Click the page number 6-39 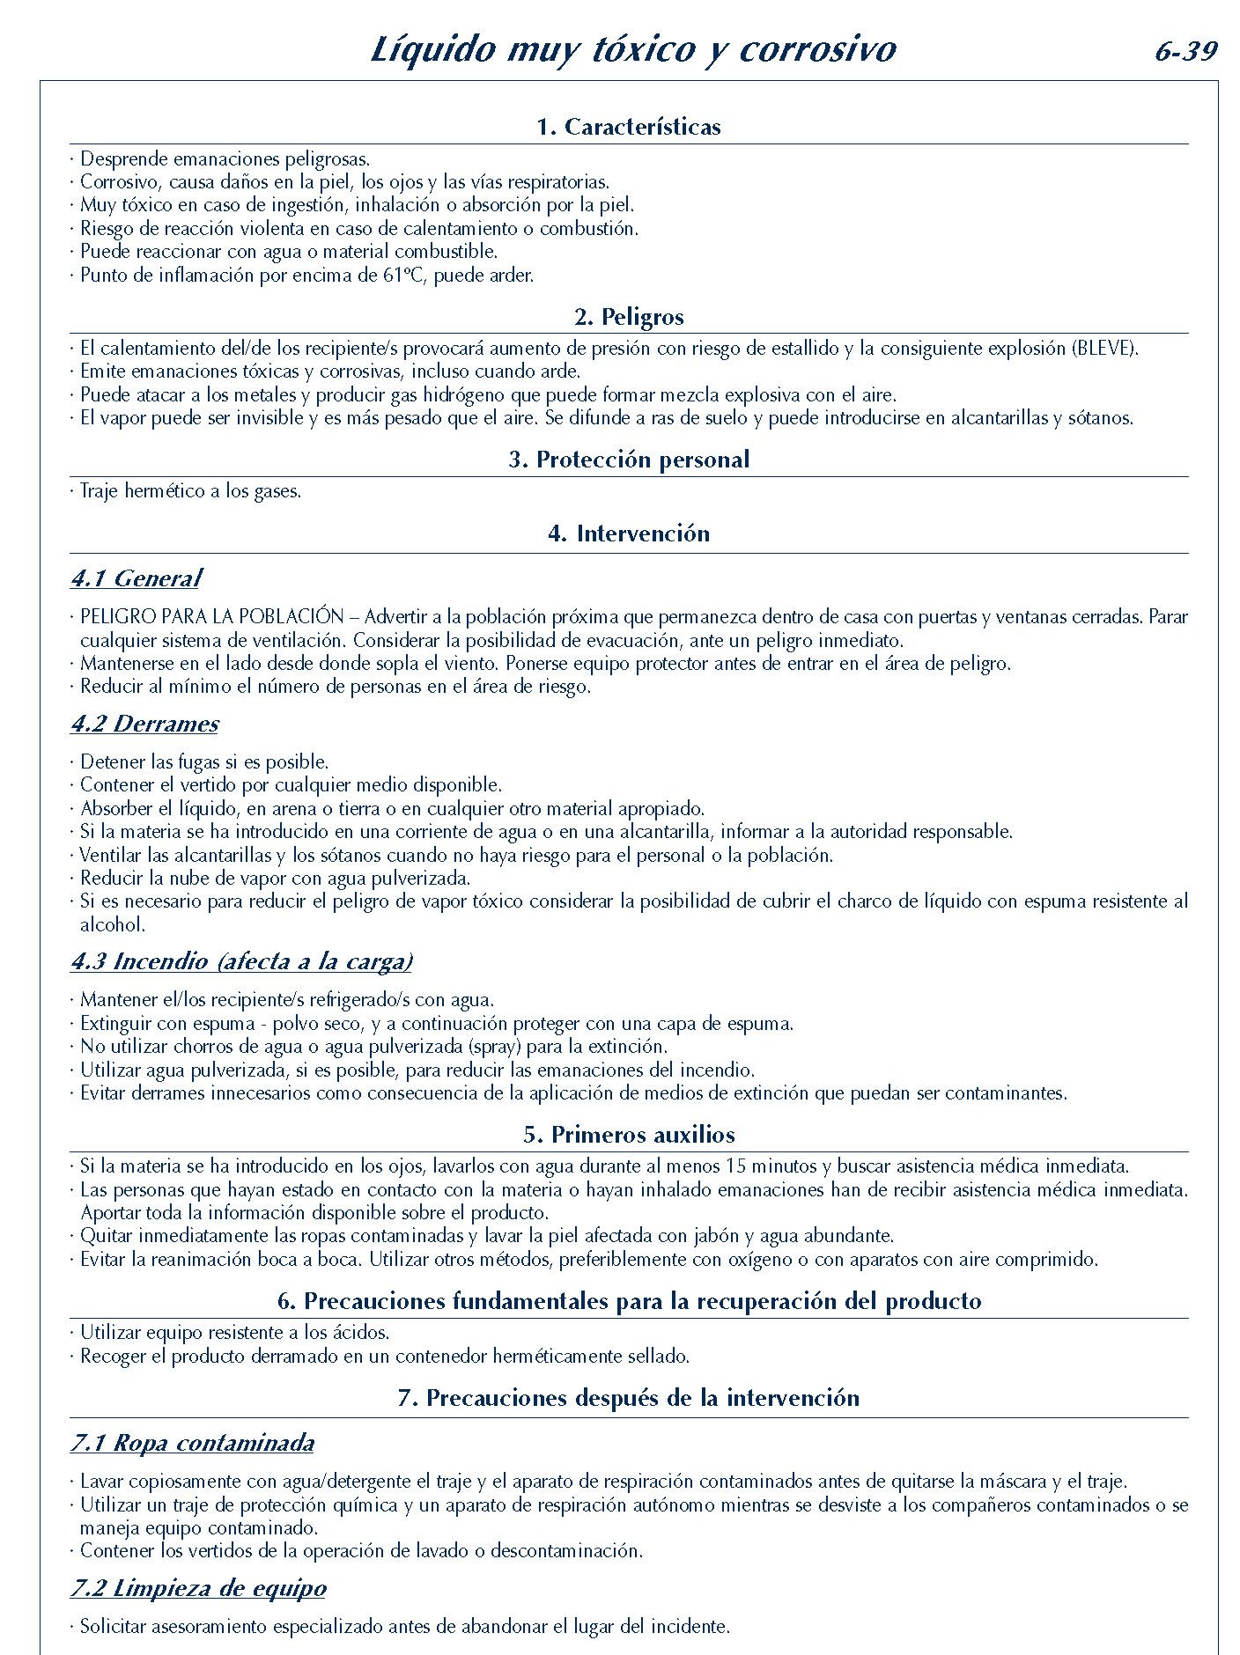1185,52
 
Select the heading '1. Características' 629,127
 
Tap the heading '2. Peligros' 629,317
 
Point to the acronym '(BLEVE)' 1104,348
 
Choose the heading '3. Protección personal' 629,460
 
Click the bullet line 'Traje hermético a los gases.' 190,491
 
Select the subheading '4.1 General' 137,578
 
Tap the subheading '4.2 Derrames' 145,724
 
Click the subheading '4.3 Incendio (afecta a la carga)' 241,961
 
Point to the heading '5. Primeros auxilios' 629,1135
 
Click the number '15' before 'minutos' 736,1166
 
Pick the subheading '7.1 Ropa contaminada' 192,1444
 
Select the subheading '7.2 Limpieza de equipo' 198,1589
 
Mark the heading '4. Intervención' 629,533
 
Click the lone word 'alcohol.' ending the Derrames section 113,924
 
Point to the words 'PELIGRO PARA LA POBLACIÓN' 211,617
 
